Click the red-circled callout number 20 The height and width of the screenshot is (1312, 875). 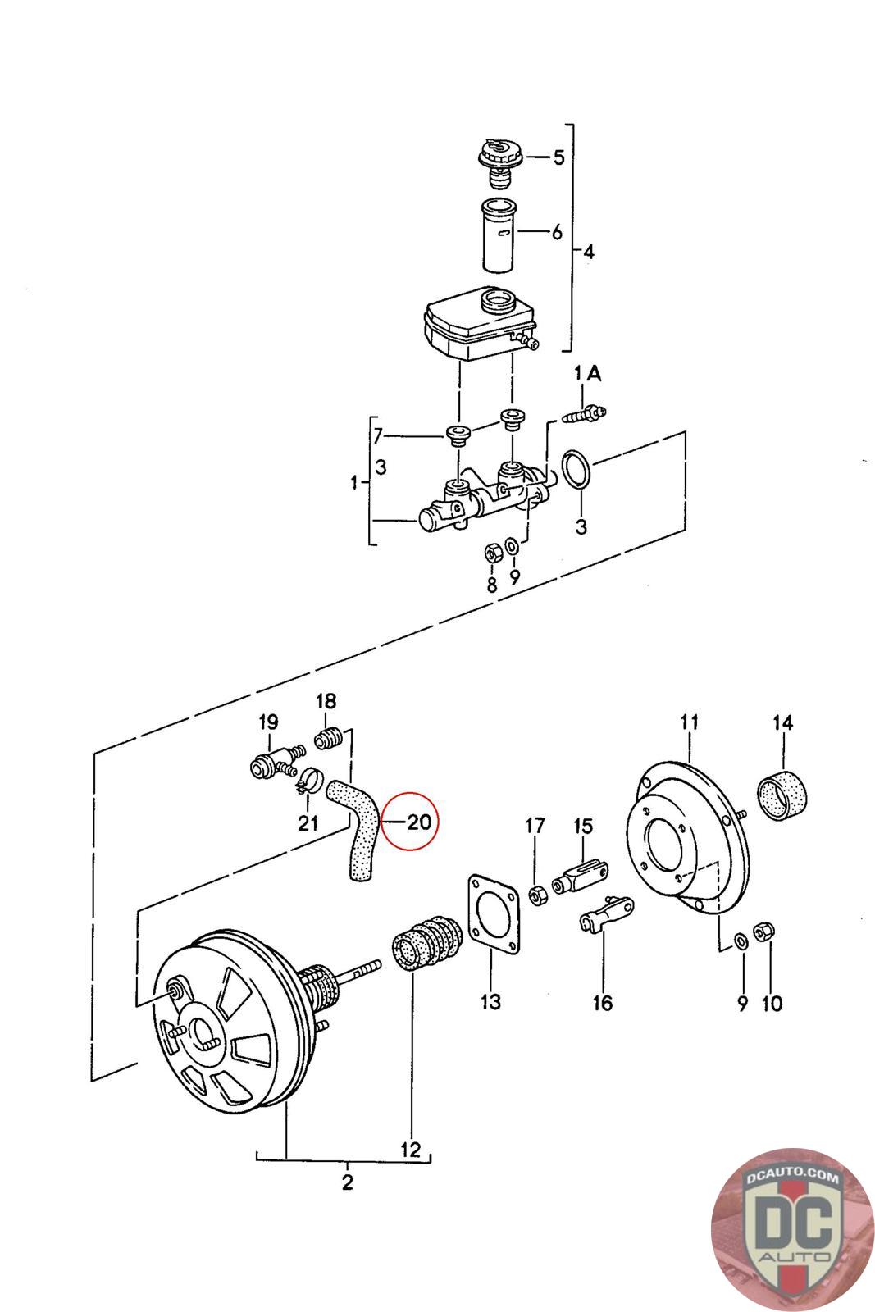tap(419, 822)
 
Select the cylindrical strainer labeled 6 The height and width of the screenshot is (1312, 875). tap(499, 235)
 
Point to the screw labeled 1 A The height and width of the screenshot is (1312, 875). tap(584, 414)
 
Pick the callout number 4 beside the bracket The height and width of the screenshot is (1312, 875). tap(589, 252)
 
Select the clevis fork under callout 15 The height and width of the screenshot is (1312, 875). tap(580, 877)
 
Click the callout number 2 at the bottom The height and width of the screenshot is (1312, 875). tap(348, 1182)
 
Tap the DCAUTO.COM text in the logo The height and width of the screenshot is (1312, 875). tap(792, 1176)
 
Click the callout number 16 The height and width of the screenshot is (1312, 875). tap(602, 1003)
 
